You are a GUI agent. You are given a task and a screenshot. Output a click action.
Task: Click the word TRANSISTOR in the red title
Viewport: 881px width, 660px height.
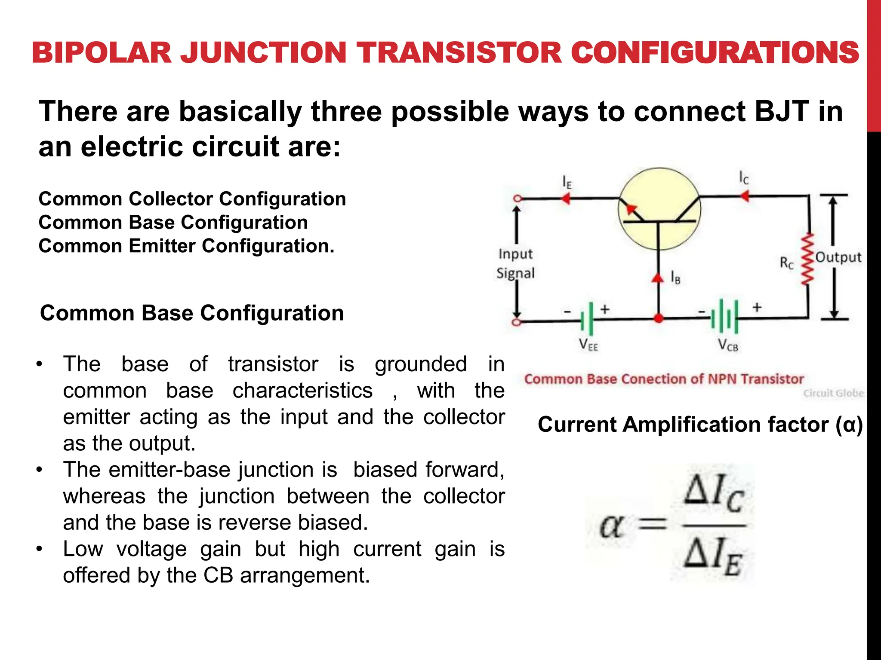click(x=461, y=53)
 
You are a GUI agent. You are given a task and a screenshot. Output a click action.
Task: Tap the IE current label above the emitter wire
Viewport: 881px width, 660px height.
click(x=567, y=183)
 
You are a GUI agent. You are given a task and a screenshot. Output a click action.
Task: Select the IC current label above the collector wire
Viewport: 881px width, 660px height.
click(x=744, y=177)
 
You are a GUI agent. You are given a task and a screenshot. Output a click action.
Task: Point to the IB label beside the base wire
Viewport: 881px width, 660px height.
click(x=675, y=278)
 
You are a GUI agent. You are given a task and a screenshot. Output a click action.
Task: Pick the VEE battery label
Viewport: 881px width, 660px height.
click(x=588, y=345)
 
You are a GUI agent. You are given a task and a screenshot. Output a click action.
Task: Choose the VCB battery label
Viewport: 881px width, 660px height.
click(x=728, y=345)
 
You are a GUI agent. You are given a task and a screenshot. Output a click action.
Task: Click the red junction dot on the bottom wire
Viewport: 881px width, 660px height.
click(x=658, y=318)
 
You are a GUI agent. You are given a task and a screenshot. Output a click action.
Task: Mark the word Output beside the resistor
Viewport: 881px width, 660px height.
click(x=838, y=257)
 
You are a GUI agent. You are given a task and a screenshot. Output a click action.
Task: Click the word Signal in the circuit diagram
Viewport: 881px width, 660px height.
click(x=515, y=273)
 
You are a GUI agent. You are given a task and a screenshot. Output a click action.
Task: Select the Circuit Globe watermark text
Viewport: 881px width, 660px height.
click(x=833, y=393)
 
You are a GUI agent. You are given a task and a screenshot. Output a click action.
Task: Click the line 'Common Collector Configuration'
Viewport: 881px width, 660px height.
click(x=192, y=199)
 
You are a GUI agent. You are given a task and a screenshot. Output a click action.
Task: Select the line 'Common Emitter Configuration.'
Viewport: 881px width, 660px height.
click(x=186, y=246)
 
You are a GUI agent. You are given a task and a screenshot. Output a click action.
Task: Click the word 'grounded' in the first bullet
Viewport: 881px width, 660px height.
click(x=421, y=364)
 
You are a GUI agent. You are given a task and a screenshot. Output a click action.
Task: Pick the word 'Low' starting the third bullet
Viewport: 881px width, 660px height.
click(x=83, y=549)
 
